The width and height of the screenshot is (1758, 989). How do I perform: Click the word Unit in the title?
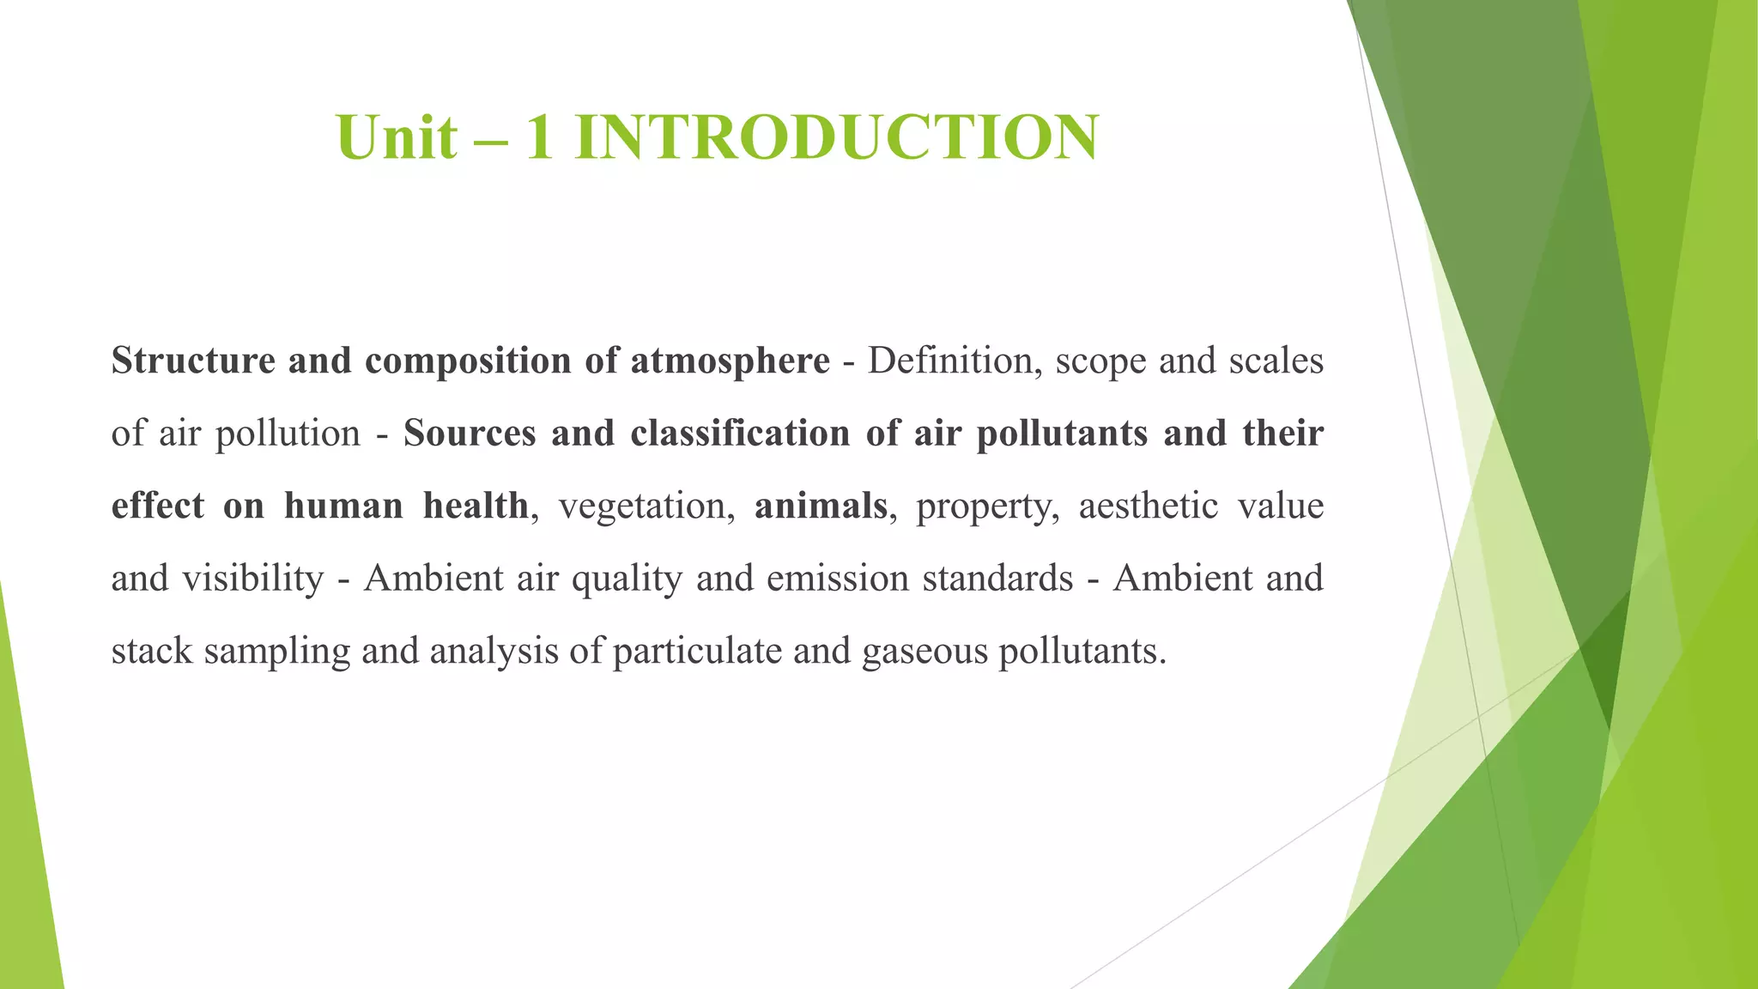point(397,137)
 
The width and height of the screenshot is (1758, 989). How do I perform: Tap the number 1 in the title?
point(539,137)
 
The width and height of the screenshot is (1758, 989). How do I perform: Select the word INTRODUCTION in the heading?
point(837,137)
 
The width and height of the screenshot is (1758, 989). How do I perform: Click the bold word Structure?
point(193,361)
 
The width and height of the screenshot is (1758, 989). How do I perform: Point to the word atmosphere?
point(730,361)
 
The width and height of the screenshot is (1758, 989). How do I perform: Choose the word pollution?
point(288,434)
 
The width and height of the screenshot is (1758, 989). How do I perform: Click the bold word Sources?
point(470,434)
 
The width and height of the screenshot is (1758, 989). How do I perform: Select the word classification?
point(740,434)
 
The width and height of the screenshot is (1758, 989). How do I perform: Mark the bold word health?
point(476,506)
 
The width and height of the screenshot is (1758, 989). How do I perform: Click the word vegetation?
point(647,506)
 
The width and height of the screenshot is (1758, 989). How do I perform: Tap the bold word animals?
point(821,506)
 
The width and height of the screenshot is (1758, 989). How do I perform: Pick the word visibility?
point(253,579)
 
